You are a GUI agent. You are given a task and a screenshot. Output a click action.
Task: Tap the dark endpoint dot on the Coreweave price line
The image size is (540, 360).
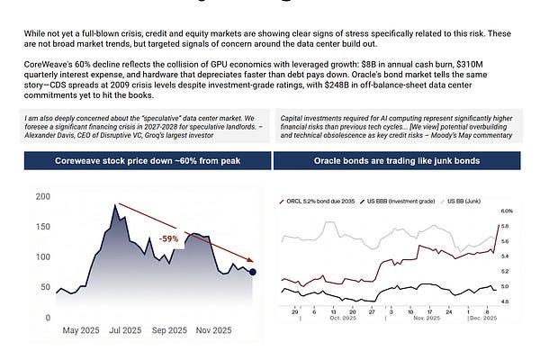point(253,271)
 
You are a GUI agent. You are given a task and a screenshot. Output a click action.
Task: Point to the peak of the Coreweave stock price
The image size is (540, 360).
point(115,206)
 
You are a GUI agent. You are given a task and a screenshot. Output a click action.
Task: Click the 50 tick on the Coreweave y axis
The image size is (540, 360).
point(42,286)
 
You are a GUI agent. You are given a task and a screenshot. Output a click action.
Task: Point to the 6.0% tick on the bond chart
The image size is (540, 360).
point(506,211)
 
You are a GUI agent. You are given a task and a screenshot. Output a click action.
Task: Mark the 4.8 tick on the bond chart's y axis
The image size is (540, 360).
point(507,301)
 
